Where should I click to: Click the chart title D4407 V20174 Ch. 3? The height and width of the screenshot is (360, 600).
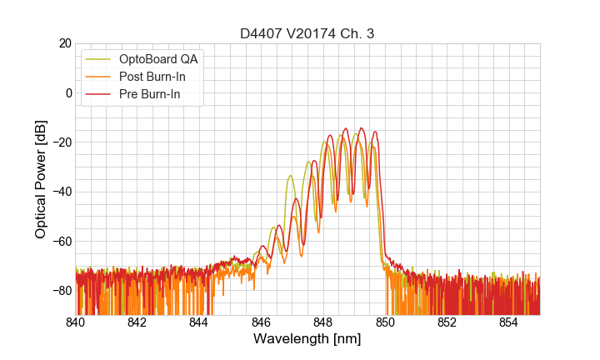tap(307, 33)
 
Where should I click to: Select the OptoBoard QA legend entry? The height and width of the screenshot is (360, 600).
tap(157, 59)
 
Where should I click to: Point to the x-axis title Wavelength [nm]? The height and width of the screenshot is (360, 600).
tap(307, 340)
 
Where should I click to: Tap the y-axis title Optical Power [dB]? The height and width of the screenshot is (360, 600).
tap(41, 179)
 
